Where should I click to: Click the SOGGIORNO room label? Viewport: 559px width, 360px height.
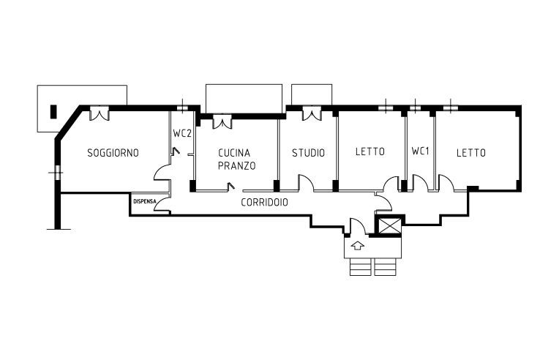click(x=113, y=153)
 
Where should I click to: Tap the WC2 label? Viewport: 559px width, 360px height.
click(x=182, y=134)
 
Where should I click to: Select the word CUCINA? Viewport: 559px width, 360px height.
click(x=234, y=153)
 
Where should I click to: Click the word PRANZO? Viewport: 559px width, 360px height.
click(x=236, y=166)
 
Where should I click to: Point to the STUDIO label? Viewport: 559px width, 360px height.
click(x=308, y=153)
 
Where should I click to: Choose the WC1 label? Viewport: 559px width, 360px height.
click(x=420, y=152)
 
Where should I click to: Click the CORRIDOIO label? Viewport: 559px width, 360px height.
click(x=264, y=202)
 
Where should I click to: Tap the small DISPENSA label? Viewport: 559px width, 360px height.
click(x=143, y=200)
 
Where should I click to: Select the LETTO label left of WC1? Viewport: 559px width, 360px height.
click(x=369, y=153)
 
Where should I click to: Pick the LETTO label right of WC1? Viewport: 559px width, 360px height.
click(x=470, y=153)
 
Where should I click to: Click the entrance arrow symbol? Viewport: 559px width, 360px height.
click(x=358, y=245)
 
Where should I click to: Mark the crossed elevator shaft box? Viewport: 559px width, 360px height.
click(x=388, y=225)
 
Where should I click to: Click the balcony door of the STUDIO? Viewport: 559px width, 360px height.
click(x=312, y=114)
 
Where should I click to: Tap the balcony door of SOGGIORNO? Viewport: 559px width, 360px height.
click(x=100, y=114)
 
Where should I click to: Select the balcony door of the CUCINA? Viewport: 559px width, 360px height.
click(x=222, y=121)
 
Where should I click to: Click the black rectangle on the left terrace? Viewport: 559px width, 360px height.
click(x=53, y=112)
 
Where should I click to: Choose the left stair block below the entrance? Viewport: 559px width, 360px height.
click(x=361, y=266)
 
